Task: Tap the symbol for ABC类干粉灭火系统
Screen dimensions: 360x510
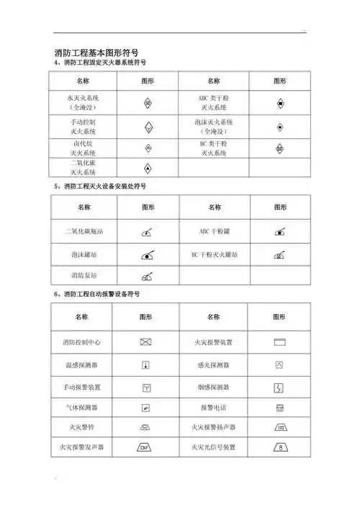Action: (x=279, y=102)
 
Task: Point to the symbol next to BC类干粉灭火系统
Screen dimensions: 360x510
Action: (x=279, y=148)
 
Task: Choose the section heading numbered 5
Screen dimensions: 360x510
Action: (x=101, y=186)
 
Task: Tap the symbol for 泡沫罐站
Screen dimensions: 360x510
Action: (x=148, y=254)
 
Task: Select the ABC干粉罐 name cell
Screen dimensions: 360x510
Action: (x=214, y=232)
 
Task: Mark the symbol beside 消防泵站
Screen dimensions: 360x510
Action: (x=148, y=275)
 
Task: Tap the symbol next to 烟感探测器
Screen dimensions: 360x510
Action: (x=279, y=388)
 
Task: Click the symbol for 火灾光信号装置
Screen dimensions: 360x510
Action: (x=279, y=447)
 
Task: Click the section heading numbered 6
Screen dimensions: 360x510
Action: (x=98, y=295)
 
